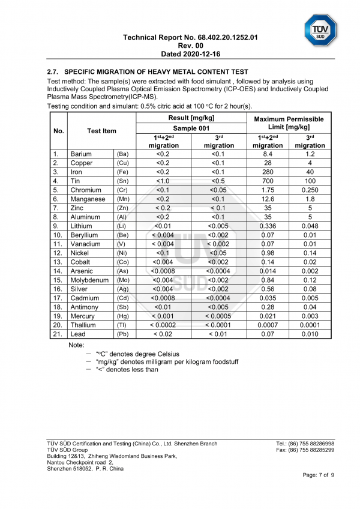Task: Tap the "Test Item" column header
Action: point(101,131)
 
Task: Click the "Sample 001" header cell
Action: point(191,128)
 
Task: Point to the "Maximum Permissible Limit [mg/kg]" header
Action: point(289,123)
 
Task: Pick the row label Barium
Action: point(82,154)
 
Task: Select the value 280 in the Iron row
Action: point(268,172)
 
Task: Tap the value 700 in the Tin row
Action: point(268,181)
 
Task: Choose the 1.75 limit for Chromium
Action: point(268,190)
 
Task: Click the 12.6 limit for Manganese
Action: point(268,199)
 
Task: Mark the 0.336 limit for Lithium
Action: point(268,226)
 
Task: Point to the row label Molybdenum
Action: point(90,280)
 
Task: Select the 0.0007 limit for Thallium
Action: point(268,325)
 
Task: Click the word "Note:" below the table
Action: point(77,345)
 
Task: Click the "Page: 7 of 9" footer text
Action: point(318,475)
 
